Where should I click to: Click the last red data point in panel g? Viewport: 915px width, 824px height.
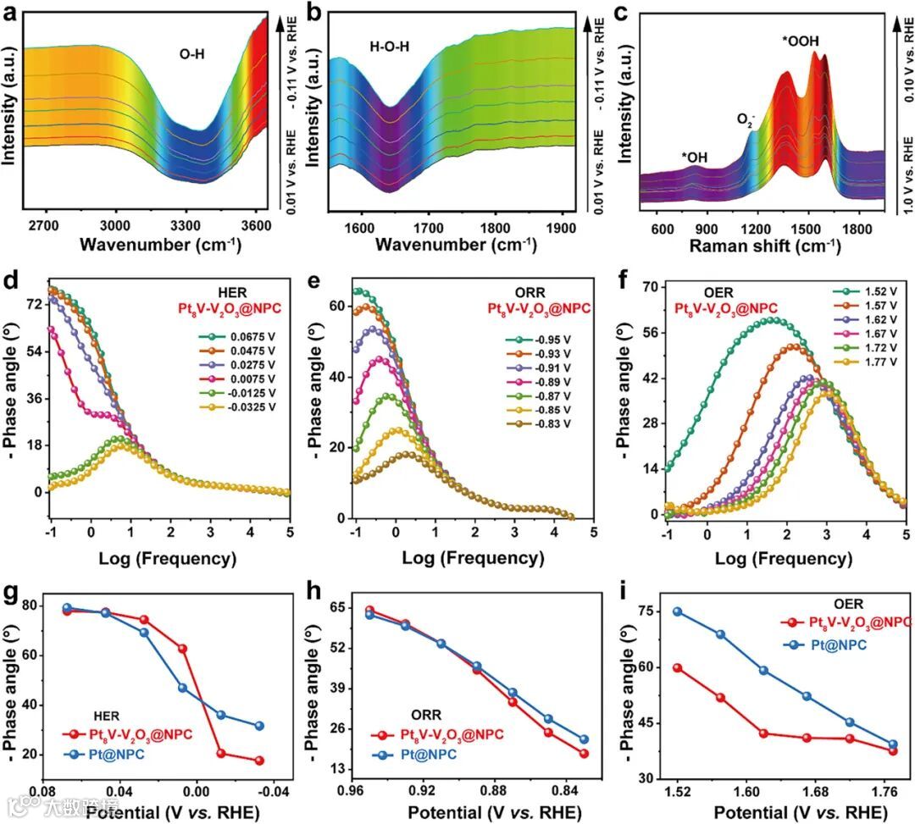(x=259, y=760)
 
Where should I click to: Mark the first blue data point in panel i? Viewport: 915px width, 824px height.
(x=677, y=611)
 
